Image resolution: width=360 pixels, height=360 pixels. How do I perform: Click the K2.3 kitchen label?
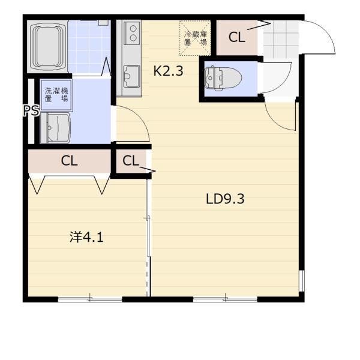(168, 71)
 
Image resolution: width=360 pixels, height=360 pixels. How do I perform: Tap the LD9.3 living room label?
(225, 199)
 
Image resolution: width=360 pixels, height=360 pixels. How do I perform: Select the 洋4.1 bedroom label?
(86, 237)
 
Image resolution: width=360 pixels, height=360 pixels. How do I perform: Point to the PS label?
(31, 110)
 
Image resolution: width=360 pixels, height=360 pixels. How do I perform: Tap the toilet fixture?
(223, 78)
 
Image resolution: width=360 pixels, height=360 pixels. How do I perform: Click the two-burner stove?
(132, 33)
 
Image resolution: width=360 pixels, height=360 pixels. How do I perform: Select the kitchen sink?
(132, 76)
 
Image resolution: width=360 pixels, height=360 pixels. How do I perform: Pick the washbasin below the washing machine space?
(56, 128)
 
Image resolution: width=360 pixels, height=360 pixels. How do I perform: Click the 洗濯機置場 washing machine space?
(56, 95)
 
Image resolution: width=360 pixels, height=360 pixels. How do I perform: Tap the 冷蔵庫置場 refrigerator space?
(195, 38)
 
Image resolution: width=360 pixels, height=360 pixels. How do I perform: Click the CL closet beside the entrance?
(237, 37)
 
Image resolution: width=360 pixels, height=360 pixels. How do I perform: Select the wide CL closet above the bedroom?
(70, 161)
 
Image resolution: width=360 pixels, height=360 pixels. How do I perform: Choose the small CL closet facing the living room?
(131, 161)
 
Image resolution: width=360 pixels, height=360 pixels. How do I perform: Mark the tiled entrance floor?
(281, 40)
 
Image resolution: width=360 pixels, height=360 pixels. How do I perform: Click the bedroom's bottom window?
(90, 299)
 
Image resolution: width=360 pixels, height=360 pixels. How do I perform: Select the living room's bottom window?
(225, 299)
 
